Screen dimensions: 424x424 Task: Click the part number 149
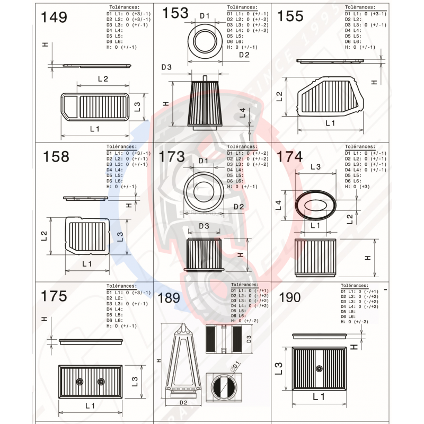54,17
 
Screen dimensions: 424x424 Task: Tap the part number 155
290,16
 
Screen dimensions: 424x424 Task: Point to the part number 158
56,156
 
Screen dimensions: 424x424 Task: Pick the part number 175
54,296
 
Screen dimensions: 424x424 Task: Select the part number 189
170,298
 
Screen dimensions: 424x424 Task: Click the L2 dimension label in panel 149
103,79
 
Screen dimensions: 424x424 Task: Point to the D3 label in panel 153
166,67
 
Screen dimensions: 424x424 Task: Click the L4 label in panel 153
242,112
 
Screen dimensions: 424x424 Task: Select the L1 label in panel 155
330,123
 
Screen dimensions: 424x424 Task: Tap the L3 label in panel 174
315,167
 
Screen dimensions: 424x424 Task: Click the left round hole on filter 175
79,381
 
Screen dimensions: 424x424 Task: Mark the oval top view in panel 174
315,204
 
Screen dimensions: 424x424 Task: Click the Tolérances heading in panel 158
122,147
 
